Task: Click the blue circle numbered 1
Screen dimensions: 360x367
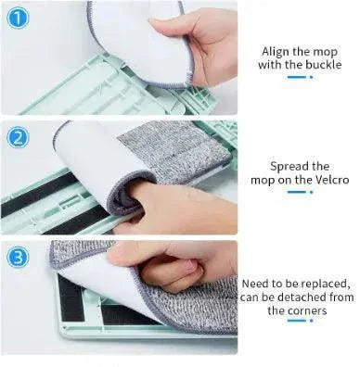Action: tap(18, 18)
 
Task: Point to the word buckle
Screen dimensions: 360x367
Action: tap(324, 65)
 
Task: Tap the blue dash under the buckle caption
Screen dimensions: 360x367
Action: tap(297, 77)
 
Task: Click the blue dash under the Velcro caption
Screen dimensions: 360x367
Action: tap(297, 192)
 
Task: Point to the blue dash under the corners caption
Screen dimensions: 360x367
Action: tap(297, 321)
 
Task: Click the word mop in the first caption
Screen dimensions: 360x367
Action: tap(325, 53)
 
